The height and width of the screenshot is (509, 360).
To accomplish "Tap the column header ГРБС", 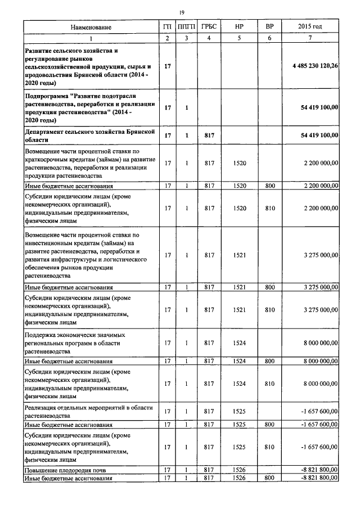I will [209, 27].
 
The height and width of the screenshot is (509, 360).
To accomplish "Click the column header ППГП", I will [186, 27].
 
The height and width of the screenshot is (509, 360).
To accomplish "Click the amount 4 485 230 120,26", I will [315, 66].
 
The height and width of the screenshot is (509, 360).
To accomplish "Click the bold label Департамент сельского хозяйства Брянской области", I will [89, 135].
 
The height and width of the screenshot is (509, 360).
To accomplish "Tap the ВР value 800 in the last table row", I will [269, 478].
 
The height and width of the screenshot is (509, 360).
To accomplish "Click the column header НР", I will [239, 27].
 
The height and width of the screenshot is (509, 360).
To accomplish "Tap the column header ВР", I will [269, 27].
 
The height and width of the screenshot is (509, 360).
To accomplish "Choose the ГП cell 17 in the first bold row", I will [167, 66].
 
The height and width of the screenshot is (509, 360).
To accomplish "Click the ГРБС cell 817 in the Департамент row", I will [209, 136].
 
